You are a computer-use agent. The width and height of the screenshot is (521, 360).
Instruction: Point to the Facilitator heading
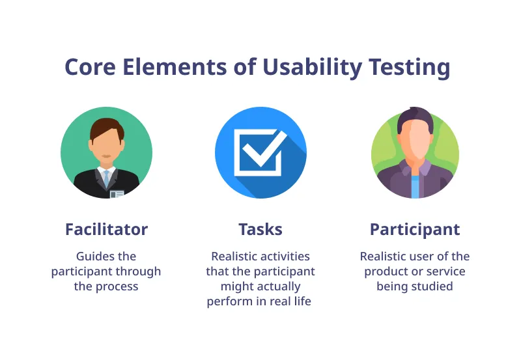pyautogui.click(x=106, y=230)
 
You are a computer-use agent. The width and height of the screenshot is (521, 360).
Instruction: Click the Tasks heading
pyautogui.click(x=260, y=230)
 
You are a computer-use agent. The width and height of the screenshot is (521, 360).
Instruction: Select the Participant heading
pyautogui.click(x=415, y=230)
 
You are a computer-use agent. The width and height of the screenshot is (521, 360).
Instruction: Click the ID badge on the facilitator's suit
pyautogui.click(x=117, y=193)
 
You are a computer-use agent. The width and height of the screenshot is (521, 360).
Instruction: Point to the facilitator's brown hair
pyautogui.click(x=106, y=126)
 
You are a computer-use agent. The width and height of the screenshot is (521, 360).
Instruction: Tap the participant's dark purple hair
pyautogui.click(x=415, y=119)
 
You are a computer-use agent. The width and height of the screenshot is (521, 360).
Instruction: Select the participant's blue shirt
pyautogui.click(x=415, y=186)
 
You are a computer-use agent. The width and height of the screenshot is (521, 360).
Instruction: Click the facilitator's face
pyautogui.click(x=106, y=146)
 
